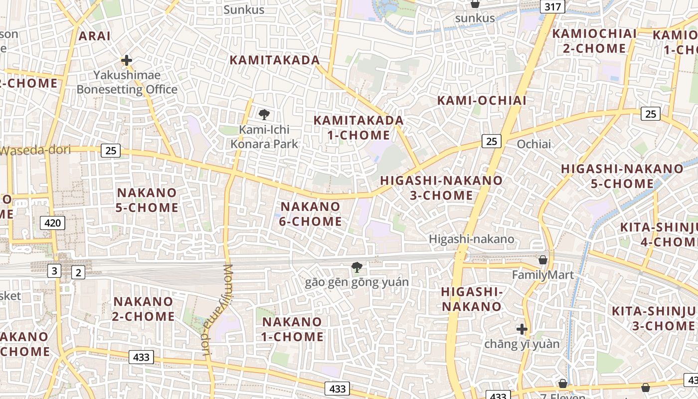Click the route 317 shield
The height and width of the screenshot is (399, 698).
click(553, 6)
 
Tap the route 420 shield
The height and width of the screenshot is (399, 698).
click(52, 222)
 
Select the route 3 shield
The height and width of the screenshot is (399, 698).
click(54, 271)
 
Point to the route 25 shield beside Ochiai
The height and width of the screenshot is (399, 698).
click(491, 141)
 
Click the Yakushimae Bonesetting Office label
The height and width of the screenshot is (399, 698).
click(127, 82)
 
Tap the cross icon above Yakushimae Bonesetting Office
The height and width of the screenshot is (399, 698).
click(127, 61)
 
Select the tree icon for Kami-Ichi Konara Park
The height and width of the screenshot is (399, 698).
click(264, 115)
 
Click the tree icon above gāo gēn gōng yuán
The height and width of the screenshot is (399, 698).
click(356, 267)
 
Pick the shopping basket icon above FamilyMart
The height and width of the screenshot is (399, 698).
click(543, 260)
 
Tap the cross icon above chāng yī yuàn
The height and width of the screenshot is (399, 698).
click(522, 329)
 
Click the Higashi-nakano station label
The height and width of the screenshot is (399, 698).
click(471, 239)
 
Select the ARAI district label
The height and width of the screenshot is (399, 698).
click(94, 36)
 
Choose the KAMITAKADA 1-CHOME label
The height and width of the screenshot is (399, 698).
click(358, 128)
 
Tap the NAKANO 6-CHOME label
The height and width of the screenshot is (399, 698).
click(310, 213)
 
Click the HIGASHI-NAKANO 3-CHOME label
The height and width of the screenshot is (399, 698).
click(441, 188)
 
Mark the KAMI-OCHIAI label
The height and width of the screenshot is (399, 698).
click(482, 100)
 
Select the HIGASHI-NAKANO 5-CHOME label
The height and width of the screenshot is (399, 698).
click(622, 176)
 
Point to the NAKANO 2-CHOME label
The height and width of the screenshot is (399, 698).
click(144, 309)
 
